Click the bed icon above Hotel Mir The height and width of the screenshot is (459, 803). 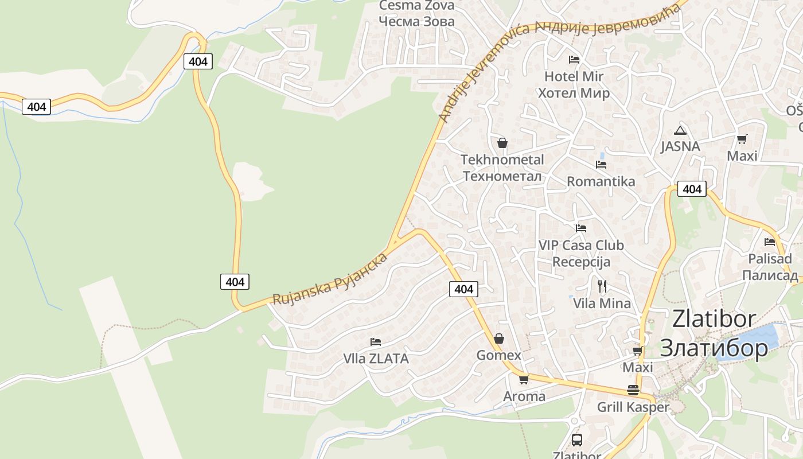tap(574, 60)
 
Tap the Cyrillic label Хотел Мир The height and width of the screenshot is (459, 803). tap(574, 93)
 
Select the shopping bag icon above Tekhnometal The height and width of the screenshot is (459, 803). tap(502, 143)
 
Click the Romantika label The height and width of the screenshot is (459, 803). tap(601, 182)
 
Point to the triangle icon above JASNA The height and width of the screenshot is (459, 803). tap(680, 130)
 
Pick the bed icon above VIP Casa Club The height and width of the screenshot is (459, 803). tap(581, 228)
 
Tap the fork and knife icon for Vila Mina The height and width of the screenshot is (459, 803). tap(602, 286)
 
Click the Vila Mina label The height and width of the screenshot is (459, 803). tap(602, 304)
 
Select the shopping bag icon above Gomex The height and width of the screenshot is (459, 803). tap(499, 339)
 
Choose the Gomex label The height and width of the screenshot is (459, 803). tap(499, 356)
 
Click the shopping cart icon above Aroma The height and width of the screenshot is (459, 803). tap(524, 380)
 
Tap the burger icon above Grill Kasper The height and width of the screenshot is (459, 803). tap(633, 390)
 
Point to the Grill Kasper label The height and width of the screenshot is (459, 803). tap(633, 407)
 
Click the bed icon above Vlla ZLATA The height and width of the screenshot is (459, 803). tap(376, 342)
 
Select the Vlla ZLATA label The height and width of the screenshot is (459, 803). tap(376, 359)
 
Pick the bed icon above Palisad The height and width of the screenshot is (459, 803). tap(770, 242)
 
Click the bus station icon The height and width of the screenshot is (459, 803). tap(577, 440)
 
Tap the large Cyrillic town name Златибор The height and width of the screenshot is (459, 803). tap(714, 348)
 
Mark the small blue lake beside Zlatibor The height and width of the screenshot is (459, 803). tap(751, 341)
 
